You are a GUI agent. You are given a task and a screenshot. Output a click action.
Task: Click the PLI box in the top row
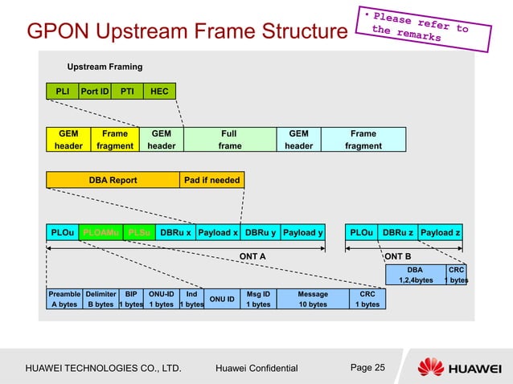pos(61,92)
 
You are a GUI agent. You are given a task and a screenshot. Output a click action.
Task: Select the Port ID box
pos(94,92)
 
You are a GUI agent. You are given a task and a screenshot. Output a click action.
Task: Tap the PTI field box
pos(126,92)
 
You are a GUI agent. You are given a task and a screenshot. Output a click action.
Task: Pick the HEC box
pos(159,92)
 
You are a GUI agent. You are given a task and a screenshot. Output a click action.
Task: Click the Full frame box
pos(230,140)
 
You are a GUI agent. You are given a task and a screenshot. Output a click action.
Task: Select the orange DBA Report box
pos(113,180)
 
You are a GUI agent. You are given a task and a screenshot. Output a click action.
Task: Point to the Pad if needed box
pos(212,180)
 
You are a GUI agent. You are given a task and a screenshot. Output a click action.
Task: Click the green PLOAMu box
pos(101,233)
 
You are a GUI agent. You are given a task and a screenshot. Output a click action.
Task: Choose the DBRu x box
pos(175,233)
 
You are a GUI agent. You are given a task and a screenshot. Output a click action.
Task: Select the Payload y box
pos(302,233)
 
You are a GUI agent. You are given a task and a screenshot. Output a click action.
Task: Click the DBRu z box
pos(398,233)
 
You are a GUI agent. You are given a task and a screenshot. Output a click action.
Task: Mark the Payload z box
pos(441,233)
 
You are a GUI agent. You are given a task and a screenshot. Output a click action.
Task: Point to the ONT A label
pos(253,255)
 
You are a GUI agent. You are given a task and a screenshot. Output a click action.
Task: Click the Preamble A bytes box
pos(64,299)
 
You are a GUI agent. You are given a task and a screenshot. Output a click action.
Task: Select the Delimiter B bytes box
pos(101,299)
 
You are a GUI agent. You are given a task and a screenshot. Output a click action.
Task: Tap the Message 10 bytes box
pos(313,299)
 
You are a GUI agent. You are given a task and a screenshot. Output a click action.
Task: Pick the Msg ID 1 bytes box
pos(258,299)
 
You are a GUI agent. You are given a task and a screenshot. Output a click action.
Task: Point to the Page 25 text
pos(368,368)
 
